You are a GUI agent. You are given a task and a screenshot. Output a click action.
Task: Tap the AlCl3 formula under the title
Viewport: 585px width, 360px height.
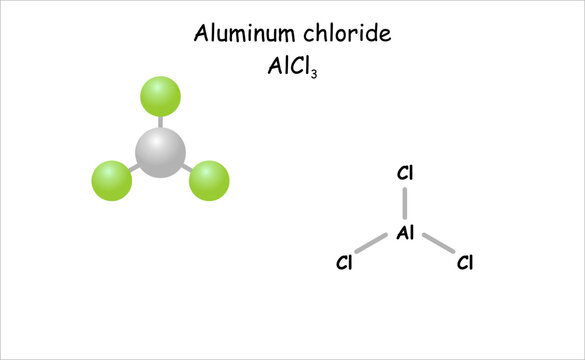(x=292, y=69)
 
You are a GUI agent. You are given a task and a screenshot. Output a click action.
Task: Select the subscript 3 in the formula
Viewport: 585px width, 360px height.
(x=314, y=74)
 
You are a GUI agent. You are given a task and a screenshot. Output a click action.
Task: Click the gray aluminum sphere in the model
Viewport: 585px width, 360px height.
(x=161, y=152)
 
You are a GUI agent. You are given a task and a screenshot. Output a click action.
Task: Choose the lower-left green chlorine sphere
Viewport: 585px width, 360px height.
(x=112, y=182)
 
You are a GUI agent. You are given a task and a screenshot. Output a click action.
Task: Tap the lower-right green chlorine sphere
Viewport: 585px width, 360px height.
(x=209, y=181)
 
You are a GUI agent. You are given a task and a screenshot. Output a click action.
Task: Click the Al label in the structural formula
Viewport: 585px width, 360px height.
(x=405, y=233)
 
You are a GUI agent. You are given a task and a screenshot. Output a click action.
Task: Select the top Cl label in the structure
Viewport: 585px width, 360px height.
(x=405, y=173)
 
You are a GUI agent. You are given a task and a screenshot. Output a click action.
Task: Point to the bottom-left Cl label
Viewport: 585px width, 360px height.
(x=345, y=264)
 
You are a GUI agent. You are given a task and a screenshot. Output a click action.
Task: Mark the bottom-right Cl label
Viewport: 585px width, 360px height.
(x=464, y=264)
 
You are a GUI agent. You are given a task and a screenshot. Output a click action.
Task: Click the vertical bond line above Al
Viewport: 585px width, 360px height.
(x=405, y=203)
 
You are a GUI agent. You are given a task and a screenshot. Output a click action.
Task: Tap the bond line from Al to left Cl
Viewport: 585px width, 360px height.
(x=373, y=245)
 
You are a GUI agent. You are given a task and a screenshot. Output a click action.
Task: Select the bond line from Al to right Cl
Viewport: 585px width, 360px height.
(x=437, y=245)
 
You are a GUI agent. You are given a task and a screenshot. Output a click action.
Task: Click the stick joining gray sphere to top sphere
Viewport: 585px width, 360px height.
(x=160, y=123)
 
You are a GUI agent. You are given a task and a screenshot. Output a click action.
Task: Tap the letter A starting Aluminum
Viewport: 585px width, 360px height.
(x=201, y=34)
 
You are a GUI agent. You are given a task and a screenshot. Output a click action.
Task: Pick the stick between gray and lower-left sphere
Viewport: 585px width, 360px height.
(x=135, y=168)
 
